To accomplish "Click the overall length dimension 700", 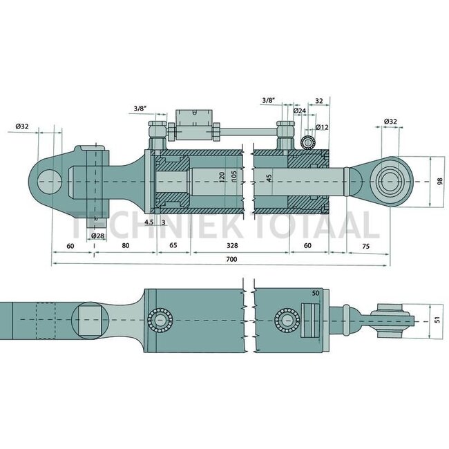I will point(231,259).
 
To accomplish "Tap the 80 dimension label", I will point(125,245).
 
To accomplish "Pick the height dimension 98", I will point(440,182).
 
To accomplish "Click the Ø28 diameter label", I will point(98,236).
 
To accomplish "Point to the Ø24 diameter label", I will point(299,111).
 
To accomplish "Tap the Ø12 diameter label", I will point(321,127).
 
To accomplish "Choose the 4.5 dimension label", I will point(149,222).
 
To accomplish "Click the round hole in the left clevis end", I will point(49,182).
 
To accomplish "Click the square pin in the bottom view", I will point(90,320).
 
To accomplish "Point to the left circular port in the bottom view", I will point(162,320).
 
